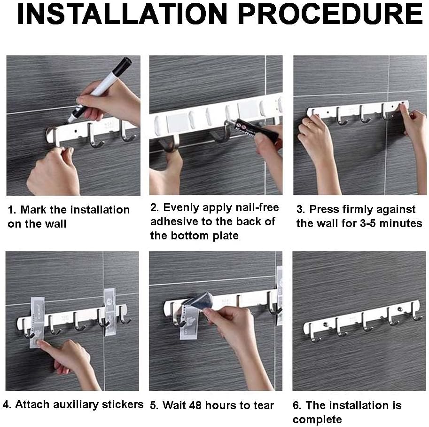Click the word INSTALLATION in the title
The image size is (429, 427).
click(x=122, y=14)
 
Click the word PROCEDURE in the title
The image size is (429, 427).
click(x=330, y=14)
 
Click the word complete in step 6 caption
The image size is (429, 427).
click(x=317, y=419)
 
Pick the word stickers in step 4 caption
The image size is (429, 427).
click(x=123, y=404)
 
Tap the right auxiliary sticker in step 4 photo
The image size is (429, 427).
click(x=110, y=311)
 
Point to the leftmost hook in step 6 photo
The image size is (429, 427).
click(x=314, y=333)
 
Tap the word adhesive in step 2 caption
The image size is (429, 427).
click(x=174, y=221)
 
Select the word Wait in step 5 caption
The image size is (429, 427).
click(x=174, y=405)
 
